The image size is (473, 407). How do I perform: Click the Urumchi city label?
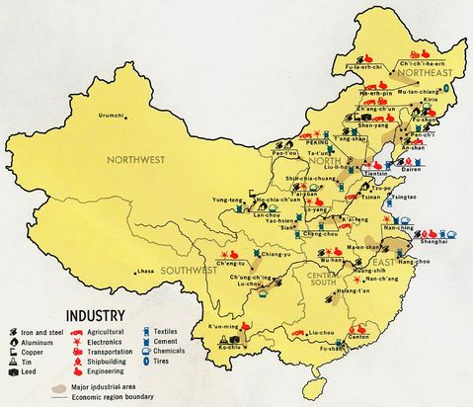click(112, 116)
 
